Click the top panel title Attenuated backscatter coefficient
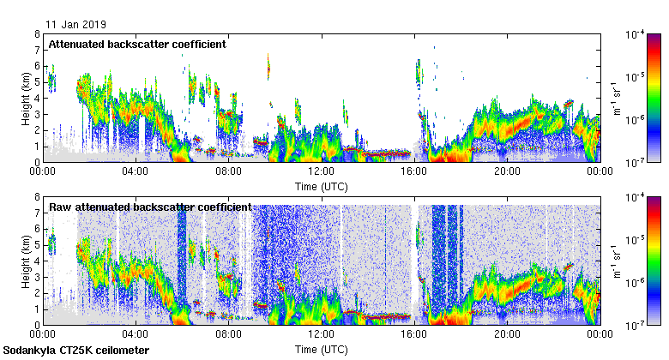coord(137,44)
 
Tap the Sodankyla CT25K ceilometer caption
coord(76,351)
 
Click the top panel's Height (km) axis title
coord(27,98)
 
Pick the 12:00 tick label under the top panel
coord(322,171)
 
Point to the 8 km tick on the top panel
coord(38,34)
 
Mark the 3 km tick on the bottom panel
coord(38,277)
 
